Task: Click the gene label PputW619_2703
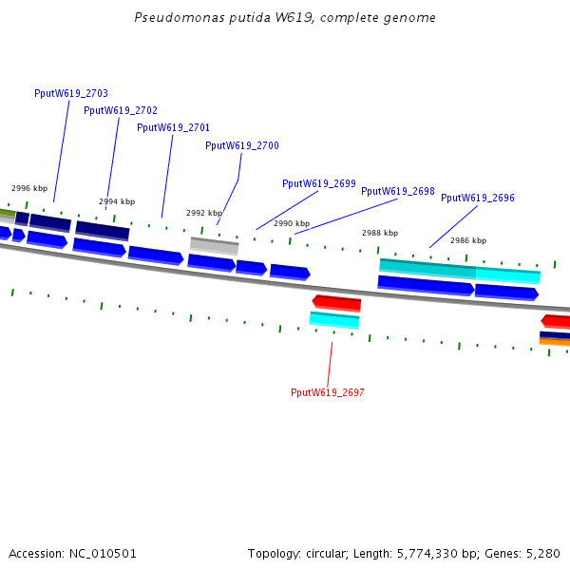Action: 71,93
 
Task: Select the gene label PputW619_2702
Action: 121,110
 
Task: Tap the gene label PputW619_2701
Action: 174,127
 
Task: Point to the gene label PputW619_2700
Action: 242,145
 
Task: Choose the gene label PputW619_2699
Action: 319,183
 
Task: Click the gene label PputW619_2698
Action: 398,191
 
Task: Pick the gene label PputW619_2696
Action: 478,198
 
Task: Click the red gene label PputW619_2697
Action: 328,392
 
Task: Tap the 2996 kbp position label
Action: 29,188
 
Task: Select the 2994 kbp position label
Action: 117,201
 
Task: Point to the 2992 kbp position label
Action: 204,213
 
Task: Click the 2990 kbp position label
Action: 292,223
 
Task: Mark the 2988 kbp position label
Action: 380,233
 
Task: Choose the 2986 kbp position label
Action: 468,240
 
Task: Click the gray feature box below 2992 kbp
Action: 215,245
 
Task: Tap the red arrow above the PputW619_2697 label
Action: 337,303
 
